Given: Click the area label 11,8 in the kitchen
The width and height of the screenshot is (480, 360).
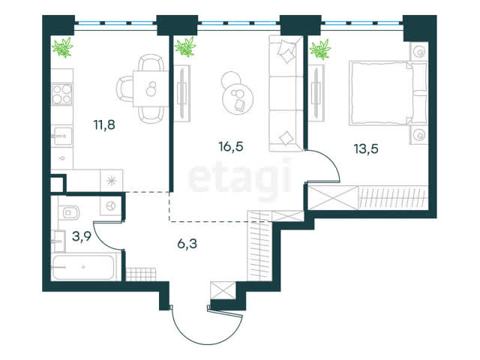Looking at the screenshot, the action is [x=104, y=125].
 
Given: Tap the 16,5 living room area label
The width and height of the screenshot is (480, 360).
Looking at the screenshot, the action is [x=231, y=146].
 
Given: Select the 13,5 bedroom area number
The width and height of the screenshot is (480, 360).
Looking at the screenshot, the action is [x=366, y=148].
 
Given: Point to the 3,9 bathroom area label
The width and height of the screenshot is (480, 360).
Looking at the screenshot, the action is [x=82, y=236].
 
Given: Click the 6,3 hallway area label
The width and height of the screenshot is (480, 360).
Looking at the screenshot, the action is [x=187, y=244].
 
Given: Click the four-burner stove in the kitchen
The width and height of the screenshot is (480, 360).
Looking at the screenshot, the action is [x=61, y=94].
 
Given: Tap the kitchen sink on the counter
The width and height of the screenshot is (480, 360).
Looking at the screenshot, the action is [x=61, y=136].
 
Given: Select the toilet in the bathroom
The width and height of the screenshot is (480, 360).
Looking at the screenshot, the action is [x=70, y=212].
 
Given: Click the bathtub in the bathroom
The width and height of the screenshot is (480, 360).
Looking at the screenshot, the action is [x=82, y=267].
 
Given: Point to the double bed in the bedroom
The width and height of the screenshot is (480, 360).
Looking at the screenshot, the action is [x=388, y=93].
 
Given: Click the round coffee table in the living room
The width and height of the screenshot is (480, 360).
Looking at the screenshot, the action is [x=238, y=98].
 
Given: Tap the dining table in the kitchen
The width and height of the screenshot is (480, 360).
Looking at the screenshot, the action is [x=151, y=88].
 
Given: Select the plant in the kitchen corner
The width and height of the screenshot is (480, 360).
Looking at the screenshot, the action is [x=63, y=47].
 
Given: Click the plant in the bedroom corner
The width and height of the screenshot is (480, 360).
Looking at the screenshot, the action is [x=320, y=49].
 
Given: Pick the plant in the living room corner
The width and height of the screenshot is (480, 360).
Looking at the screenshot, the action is [x=185, y=46].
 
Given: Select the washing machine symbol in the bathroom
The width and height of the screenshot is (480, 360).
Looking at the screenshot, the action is [x=111, y=205].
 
